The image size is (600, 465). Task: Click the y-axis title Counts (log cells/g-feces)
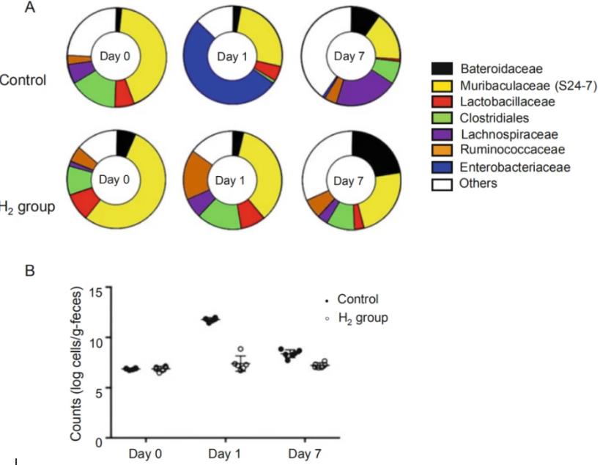[77, 365]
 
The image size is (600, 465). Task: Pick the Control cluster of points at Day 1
[211, 320]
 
